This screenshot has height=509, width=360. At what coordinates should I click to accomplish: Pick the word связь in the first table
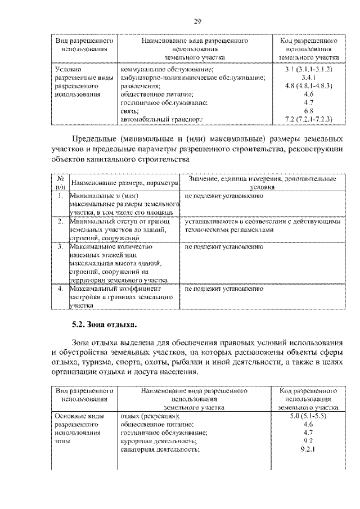[x=130, y=111]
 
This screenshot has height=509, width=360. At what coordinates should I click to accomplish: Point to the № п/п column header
[x=60, y=182]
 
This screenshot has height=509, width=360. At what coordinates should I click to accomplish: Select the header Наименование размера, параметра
[x=125, y=183]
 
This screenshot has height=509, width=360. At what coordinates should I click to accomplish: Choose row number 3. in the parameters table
[x=60, y=246]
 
